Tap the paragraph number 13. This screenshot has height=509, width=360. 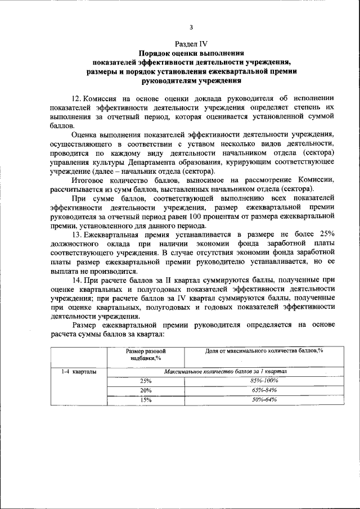click(x=78, y=233)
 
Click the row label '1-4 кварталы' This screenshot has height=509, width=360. click(x=78, y=372)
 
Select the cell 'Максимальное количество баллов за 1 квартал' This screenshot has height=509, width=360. click(x=226, y=372)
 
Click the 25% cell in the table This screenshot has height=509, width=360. click(x=146, y=381)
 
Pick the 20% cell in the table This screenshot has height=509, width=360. click(x=146, y=390)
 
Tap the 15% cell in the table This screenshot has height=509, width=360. click(x=146, y=400)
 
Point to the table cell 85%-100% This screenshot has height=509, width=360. click(x=264, y=381)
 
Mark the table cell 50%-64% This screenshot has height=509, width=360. click(x=264, y=400)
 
